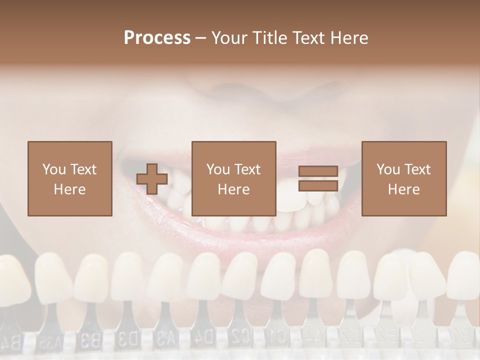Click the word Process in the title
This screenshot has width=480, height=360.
(x=157, y=37)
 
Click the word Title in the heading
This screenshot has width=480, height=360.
(x=269, y=37)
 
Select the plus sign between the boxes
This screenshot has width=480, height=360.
(x=152, y=179)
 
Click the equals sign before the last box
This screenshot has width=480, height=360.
(x=318, y=179)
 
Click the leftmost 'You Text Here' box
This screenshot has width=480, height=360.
(x=69, y=178)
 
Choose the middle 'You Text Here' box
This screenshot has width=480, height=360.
(x=233, y=178)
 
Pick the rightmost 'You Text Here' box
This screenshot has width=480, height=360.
(x=403, y=178)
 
